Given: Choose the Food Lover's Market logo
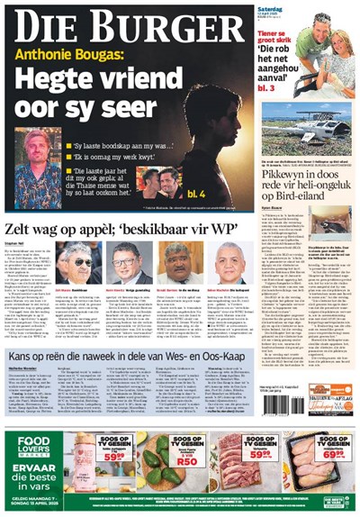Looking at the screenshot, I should pos(31,444).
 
